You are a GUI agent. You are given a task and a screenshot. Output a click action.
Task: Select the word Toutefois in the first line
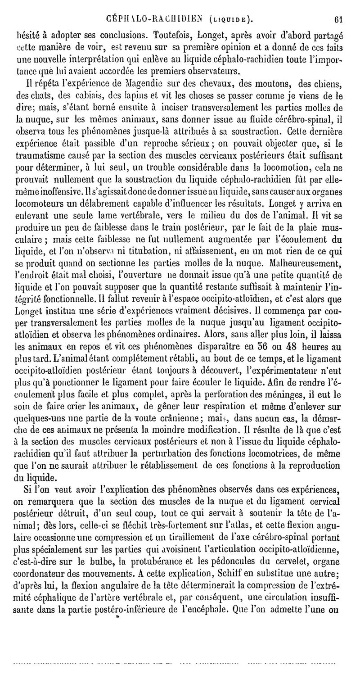[170, 21]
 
